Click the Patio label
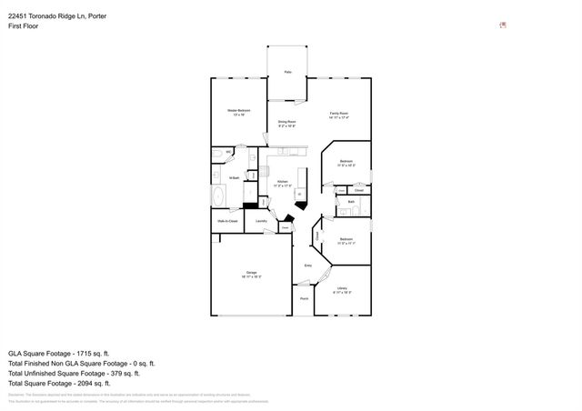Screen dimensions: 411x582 [287, 71]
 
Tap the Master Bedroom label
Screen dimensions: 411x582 [238, 111]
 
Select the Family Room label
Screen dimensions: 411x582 [338, 112]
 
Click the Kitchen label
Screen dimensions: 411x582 [283, 182]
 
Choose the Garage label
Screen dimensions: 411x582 [251, 273]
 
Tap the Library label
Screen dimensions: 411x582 [342, 288]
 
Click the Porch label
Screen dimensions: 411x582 [304, 298]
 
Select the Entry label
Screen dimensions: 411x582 [307, 266]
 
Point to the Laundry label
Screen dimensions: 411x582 [261, 221]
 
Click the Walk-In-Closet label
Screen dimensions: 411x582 [227, 221]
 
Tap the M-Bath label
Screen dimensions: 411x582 [234, 177]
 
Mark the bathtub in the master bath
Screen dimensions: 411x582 [218, 196]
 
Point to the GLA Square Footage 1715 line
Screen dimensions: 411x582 [59, 353]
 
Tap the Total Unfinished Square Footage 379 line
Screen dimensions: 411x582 [74, 373]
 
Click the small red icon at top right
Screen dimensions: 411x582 [503, 25]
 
